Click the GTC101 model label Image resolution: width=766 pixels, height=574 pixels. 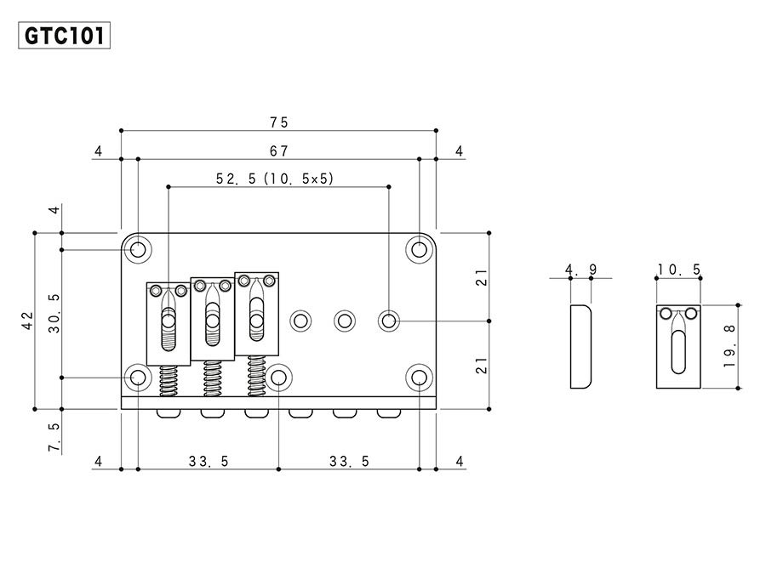pos(64,36)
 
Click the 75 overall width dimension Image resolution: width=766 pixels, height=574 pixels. pos(278,122)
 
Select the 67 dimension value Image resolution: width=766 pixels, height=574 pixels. pos(278,151)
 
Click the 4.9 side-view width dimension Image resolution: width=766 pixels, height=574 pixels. pos(581,270)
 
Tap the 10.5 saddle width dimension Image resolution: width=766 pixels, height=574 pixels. pos(678,270)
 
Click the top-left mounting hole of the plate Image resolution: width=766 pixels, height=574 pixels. pos(138,250)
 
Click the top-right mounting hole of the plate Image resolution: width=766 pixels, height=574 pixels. pos(419,249)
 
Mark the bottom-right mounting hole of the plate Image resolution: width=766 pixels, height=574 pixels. pos(419,378)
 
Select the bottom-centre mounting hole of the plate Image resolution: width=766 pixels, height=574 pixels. pos(278,378)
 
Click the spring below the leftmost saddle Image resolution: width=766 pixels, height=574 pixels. pos(169,380)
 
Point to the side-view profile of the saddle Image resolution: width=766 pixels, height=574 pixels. pos(581,347)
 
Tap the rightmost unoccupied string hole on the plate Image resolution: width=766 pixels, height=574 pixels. pos(388,321)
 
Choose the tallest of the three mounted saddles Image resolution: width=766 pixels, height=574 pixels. pos(256,313)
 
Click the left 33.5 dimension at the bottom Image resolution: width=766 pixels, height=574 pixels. pos(209,462)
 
